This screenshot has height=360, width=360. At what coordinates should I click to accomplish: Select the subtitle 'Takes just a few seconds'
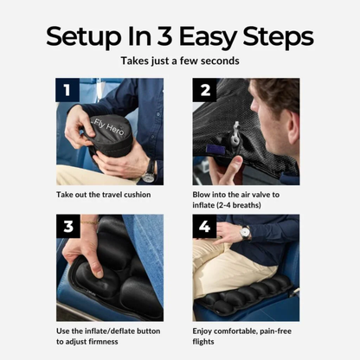tap(179, 62)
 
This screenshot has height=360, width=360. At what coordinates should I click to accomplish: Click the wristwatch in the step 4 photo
tap(245, 233)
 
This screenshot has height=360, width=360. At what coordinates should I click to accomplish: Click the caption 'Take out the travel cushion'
tap(104, 195)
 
